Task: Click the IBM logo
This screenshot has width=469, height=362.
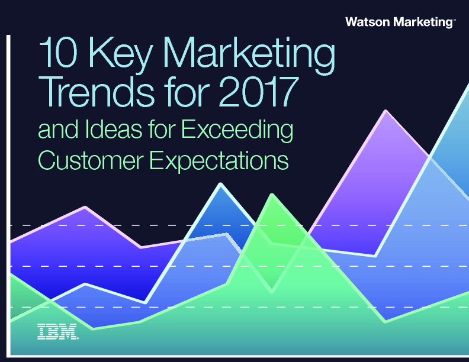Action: coord(58,331)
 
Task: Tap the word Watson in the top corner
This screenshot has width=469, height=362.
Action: coord(368,22)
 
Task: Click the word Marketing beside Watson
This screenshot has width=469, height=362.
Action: coord(423,22)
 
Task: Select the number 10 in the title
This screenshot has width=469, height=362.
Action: coord(58,52)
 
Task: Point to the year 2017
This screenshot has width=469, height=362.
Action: coord(259,92)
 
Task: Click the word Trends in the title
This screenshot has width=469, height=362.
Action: coord(99,92)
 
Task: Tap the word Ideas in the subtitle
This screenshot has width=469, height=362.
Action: coord(113,129)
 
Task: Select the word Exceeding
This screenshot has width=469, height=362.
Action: coord(237,131)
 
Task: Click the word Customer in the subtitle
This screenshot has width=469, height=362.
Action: coord(91,160)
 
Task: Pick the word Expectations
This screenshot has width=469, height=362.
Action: coord(219,161)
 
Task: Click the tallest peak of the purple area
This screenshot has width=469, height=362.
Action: coord(386,111)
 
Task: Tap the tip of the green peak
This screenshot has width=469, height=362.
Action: coord(272,195)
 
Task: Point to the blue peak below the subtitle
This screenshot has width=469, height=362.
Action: coord(221,184)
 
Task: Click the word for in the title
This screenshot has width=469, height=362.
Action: coord(187,92)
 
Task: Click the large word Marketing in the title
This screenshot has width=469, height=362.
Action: coord(249,55)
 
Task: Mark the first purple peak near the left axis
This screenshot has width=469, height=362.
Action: coord(85,206)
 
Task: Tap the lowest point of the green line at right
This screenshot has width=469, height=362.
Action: coord(385,322)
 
